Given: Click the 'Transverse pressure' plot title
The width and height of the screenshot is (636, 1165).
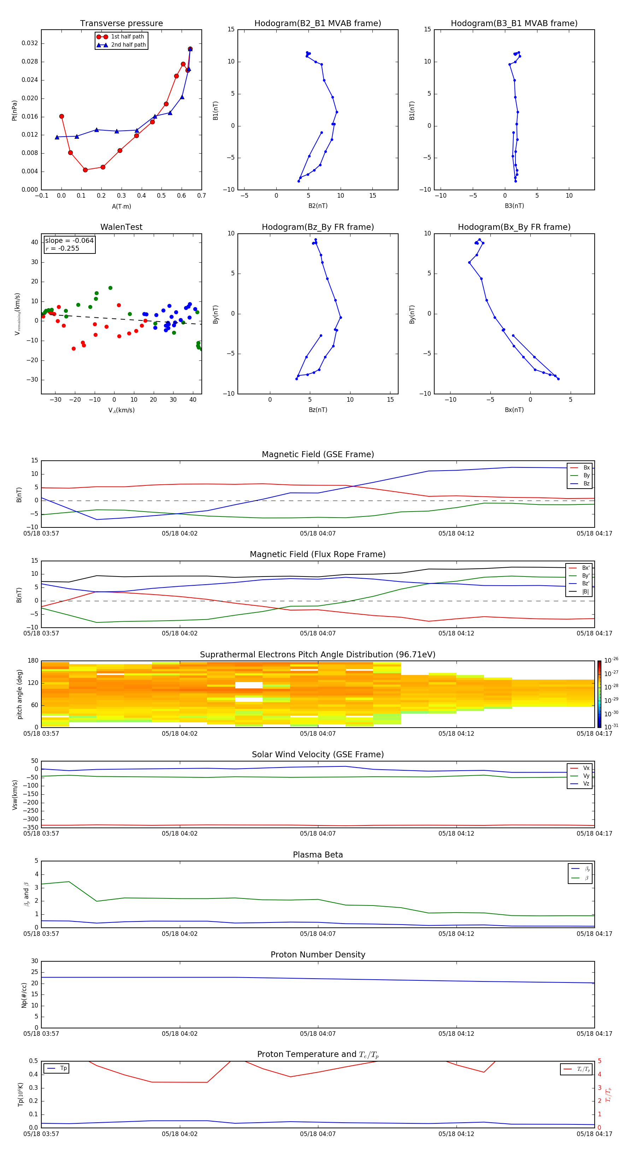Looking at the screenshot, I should coord(121,24).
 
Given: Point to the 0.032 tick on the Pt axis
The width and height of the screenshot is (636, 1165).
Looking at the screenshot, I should coord(30,43).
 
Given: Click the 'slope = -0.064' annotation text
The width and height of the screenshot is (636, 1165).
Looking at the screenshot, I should coord(69,241).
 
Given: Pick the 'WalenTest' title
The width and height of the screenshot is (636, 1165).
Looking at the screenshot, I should coord(121,227).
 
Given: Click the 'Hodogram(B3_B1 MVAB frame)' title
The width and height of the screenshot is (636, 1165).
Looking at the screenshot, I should coord(514,24).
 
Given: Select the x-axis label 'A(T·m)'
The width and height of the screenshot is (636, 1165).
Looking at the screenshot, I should coord(121,207).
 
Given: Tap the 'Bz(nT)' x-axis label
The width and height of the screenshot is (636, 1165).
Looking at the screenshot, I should coord(318,410).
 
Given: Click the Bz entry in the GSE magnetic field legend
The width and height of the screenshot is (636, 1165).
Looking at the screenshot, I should coord(586,483).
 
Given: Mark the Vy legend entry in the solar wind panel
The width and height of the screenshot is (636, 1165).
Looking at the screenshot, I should coord(586,776).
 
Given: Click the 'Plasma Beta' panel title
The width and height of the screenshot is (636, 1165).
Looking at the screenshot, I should coord(318,855).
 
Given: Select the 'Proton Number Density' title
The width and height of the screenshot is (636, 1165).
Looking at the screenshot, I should coord(318,955).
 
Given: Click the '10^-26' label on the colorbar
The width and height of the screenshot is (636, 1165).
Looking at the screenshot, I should coord(611,660).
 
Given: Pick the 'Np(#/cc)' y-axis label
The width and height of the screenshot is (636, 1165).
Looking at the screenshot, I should coord(24,995).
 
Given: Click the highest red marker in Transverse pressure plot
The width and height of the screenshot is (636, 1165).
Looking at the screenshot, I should coord(190,49).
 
